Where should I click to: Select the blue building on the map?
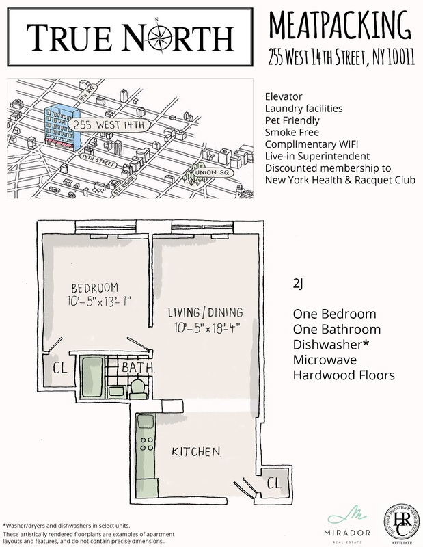(62, 127)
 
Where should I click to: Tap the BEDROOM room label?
(95, 287)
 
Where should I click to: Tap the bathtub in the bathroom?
(92, 378)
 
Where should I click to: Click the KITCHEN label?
(195, 452)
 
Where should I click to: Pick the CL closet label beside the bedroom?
(59, 369)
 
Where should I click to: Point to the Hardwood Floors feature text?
(344, 375)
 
